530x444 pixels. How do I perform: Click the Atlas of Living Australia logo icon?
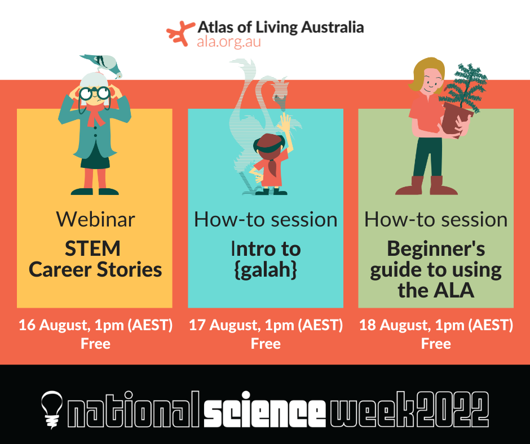tap(179, 33)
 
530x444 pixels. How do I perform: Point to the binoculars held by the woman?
tap(94, 93)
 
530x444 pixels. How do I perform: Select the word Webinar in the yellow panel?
tap(95, 219)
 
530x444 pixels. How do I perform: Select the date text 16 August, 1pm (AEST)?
tap(95, 325)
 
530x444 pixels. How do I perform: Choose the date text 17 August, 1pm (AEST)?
tap(266, 325)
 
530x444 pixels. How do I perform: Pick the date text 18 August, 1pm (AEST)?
tap(436, 325)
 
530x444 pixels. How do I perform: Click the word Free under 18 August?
tap(436, 343)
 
